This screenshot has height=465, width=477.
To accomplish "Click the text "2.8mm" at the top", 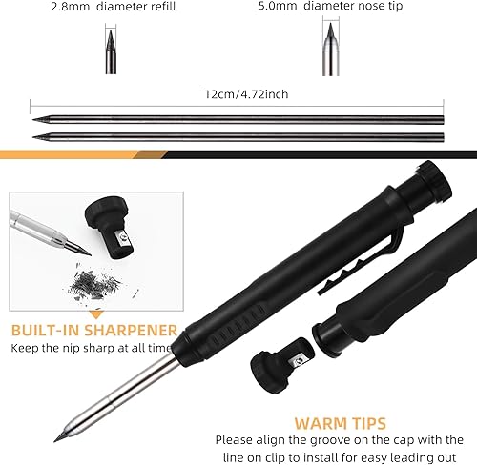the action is tap(71, 7).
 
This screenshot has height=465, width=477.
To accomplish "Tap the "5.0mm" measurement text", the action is tap(278, 6).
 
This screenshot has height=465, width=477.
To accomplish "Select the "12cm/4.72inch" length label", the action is tap(246, 94).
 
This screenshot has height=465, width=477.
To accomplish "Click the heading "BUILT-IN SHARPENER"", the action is tap(94, 331).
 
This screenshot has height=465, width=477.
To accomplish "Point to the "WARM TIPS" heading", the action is tap(341, 423).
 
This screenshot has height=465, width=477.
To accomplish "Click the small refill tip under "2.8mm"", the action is tap(111, 52).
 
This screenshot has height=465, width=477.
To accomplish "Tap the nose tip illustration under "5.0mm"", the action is tap(331, 50).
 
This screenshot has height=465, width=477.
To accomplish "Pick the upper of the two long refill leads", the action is tap(238, 120).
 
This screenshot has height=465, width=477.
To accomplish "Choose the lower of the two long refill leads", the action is tap(238, 137).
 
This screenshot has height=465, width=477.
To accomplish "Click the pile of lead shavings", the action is tap(95, 285).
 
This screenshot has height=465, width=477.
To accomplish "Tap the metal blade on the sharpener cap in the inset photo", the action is tap(122, 239).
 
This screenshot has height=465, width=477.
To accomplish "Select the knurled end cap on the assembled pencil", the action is tap(435, 181).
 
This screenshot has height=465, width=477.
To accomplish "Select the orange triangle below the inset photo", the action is tap(97, 314).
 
